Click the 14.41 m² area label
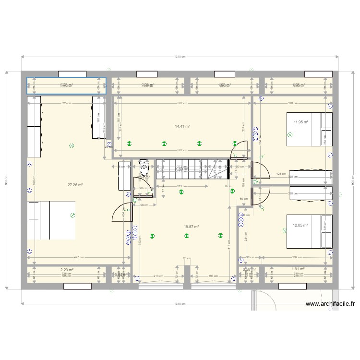click(x=182, y=126)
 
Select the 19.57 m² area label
click(x=191, y=227)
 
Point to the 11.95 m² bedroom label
click(x=301, y=122)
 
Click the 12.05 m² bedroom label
click(x=301, y=225)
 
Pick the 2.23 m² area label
click(x=66, y=270)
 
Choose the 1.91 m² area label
click(x=299, y=270)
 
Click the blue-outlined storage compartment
click(x=66, y=85)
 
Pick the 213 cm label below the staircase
click(x=181, y=186)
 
